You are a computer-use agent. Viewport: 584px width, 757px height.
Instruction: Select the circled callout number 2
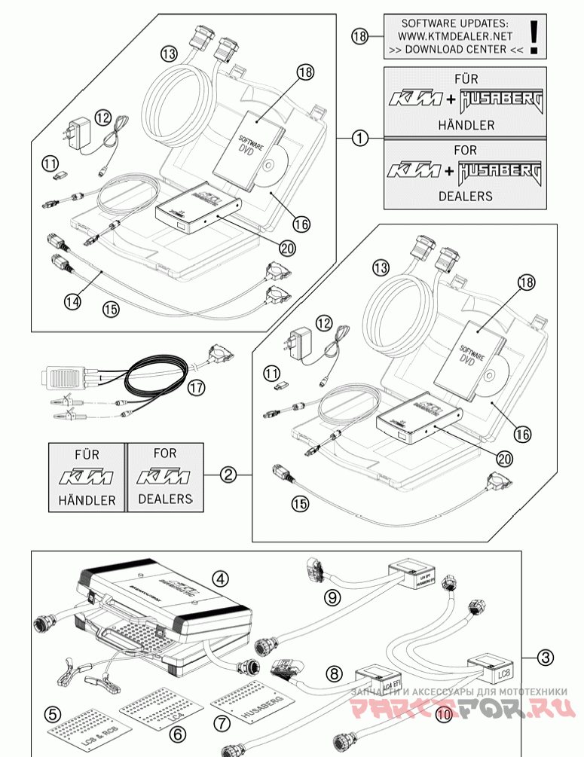(x=229, y=475)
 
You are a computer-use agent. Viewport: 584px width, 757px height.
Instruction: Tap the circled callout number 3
(x=546, y=656)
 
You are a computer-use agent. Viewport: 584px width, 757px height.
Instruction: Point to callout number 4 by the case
(x=219, y=578)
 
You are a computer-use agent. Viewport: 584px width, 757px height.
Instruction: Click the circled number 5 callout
(x=52, y=713)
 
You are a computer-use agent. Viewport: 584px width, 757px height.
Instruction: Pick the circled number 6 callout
(x=178, y=732)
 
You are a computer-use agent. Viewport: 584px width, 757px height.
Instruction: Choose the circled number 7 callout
(x=222, y=722)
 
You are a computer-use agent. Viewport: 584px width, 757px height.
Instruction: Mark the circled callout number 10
(x=444, y=713)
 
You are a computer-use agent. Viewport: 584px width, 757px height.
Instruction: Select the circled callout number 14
(x=72, y=301)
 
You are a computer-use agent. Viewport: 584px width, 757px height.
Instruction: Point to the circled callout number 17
(x=197, y=388)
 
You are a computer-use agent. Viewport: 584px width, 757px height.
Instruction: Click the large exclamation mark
(x=534, y=35)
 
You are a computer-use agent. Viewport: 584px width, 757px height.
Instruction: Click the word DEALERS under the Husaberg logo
(x=465, y=196)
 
